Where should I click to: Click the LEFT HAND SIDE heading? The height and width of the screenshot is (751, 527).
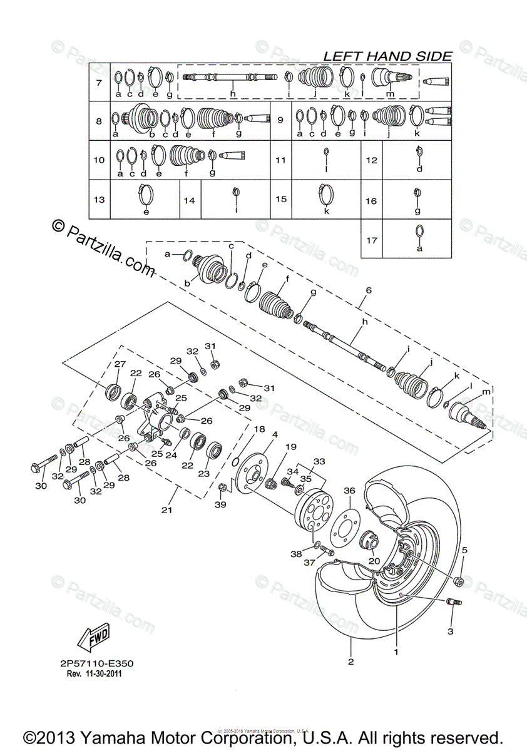[387, 56]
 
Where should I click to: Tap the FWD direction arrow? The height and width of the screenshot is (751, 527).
[92, 638]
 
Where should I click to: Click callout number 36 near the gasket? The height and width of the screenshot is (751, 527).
[349, 491]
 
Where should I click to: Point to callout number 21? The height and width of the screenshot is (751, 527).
[166, 511]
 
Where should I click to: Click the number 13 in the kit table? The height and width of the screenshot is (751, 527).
[98, 200]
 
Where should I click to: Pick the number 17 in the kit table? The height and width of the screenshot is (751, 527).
[372, 239]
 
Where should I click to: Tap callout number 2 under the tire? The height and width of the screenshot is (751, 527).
[350, 662]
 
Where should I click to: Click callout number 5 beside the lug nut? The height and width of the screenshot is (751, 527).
[464, 551]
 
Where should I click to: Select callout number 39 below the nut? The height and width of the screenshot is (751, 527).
[220, 504]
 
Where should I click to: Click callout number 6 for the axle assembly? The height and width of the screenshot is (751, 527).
[368, 290]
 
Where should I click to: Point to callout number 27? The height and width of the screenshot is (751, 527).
[120, 365]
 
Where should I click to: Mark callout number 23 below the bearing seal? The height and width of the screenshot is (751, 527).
[203, 474]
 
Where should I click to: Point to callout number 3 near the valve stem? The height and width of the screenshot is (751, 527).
[449, 631]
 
